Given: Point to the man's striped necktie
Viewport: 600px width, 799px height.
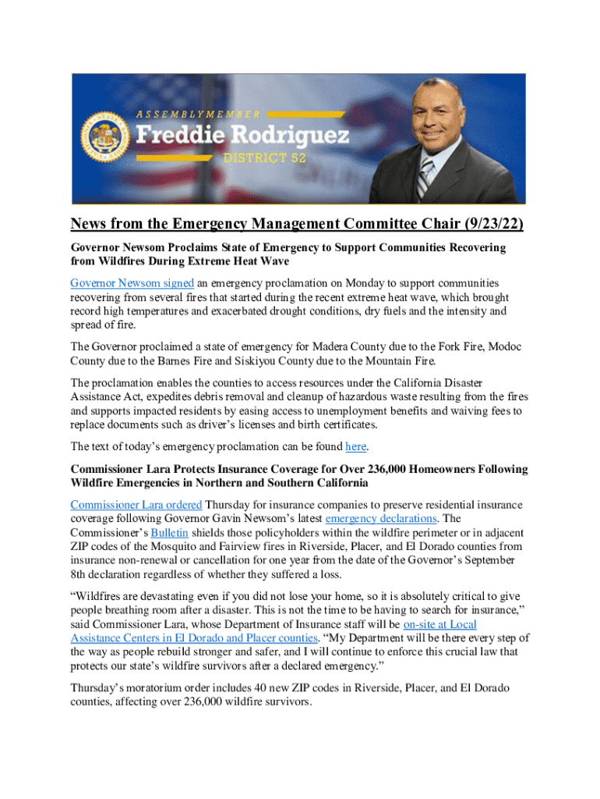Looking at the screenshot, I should pos(425,179).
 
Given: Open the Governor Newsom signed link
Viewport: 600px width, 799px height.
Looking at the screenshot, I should pos(132,282).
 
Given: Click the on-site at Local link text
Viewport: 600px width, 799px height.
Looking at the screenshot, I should pos(439,625).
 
